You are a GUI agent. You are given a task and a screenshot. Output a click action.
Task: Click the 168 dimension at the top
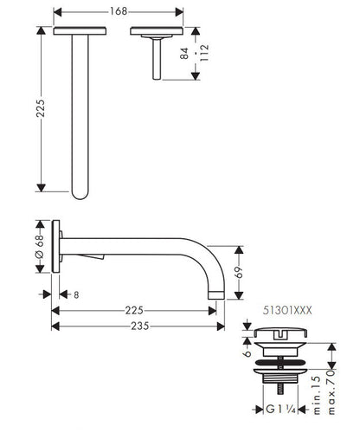[119, 11]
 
